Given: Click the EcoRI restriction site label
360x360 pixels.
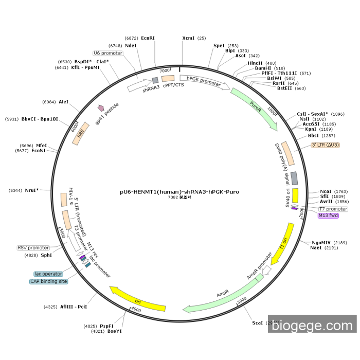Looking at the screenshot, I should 148,38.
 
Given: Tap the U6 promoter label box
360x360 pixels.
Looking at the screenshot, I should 108,53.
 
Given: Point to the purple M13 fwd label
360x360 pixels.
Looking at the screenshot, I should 328,215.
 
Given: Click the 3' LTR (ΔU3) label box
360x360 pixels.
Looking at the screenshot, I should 326,145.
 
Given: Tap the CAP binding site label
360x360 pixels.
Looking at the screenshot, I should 49,281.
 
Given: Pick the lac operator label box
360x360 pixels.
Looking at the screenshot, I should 48,274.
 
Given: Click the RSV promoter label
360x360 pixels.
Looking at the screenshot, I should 34,248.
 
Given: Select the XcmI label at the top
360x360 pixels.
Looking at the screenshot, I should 189,38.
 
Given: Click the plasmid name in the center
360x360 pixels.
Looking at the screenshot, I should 179,192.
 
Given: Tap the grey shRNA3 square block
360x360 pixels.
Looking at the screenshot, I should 155,80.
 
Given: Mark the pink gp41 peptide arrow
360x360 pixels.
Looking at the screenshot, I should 101,108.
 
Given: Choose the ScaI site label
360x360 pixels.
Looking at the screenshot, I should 257,323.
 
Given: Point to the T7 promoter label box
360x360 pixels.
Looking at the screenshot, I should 333,209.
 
